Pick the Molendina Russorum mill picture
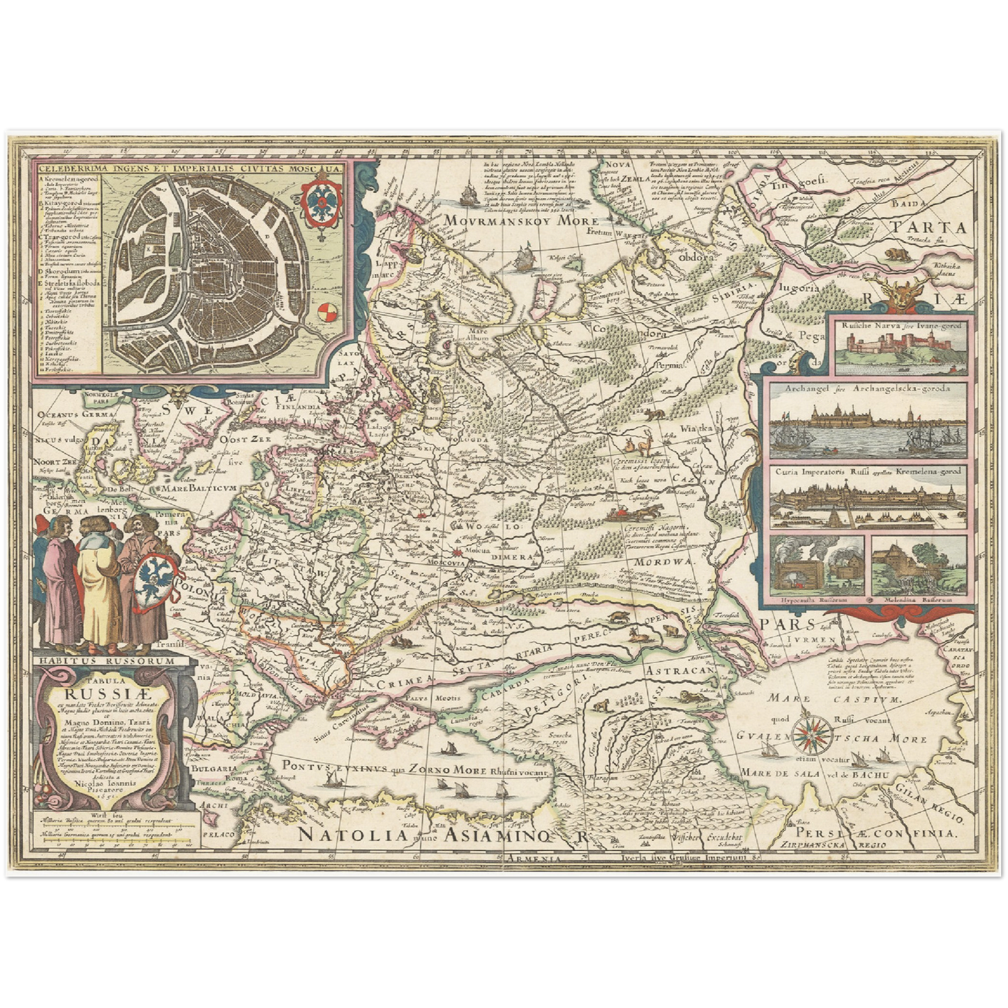pyautogui.click(x=919, y=565)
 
